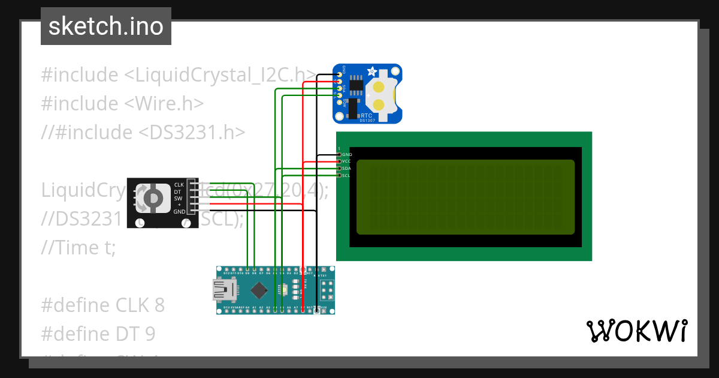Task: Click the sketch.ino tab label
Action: coord(106,26)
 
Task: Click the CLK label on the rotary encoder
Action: coord(179,184)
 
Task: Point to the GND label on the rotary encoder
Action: coord(179,212)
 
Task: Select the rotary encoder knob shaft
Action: coord(153,198)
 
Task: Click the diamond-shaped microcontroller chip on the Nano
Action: coord(259,290)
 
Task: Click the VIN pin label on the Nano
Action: coord(323,308)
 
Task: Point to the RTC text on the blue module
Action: coord(367,115)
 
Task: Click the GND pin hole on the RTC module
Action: coord(340,75)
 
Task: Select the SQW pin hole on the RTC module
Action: coord(340,103)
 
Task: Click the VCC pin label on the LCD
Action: coord(346,161)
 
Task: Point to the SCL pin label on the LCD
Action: coord(346,175)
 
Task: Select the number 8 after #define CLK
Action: coord(159,305)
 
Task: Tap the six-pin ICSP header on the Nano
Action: coord(327,290)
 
